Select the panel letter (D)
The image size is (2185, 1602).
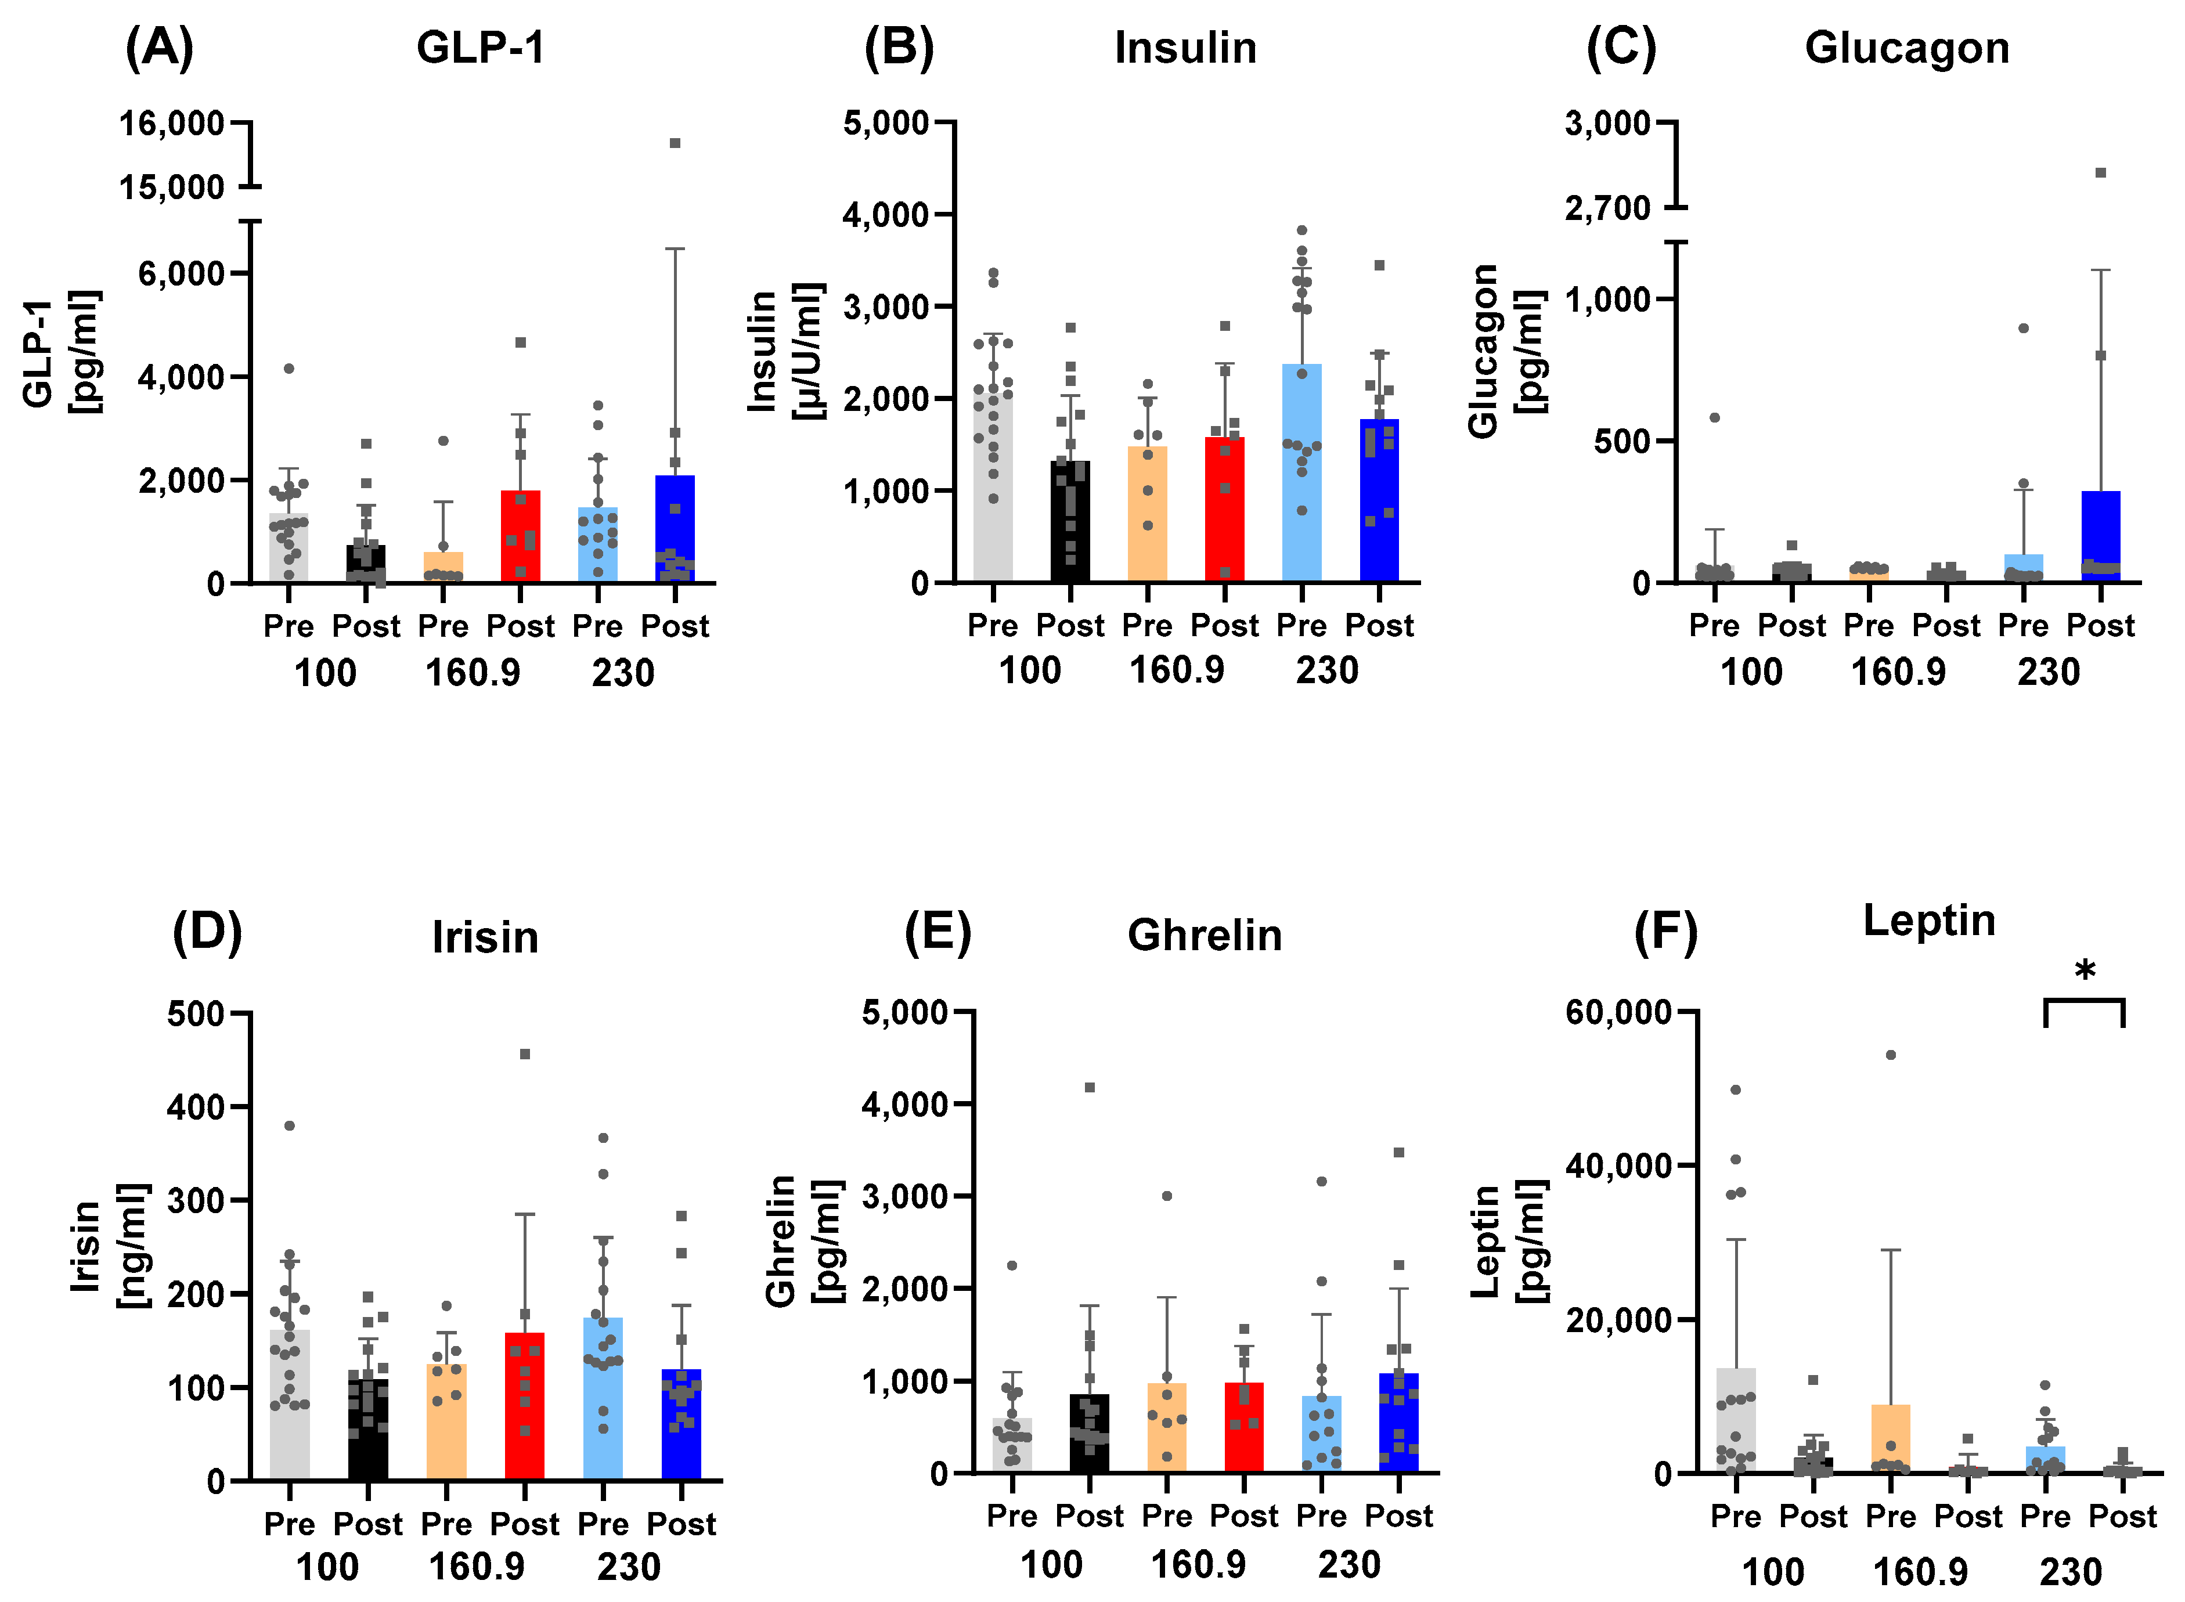pyautogui.click(x=207, y=933)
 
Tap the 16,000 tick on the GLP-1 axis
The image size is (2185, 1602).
pyautogui.click(x=172, y=123)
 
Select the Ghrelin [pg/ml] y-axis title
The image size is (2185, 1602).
pyautogui.click(x=803, y=1241)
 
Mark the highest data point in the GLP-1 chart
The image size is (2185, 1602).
pyautogui.click(x=675, y=143)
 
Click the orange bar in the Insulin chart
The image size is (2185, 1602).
pyautogui.click(x=1146, y=514)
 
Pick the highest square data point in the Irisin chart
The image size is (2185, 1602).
pyautogui.click(x=525, y=1054)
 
